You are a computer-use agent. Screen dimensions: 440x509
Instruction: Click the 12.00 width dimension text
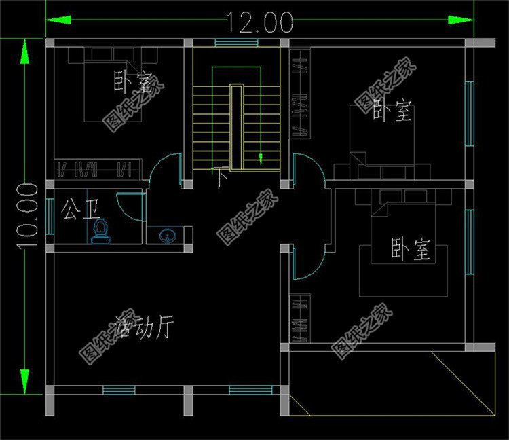260,22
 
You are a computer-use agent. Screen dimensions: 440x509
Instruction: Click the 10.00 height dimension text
26,216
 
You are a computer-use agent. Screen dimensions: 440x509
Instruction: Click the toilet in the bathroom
100,230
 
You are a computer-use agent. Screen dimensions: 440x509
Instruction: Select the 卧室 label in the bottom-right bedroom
411,251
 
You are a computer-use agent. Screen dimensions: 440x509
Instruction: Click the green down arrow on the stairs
261,159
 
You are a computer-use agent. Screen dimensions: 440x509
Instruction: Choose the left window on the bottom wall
118,390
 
